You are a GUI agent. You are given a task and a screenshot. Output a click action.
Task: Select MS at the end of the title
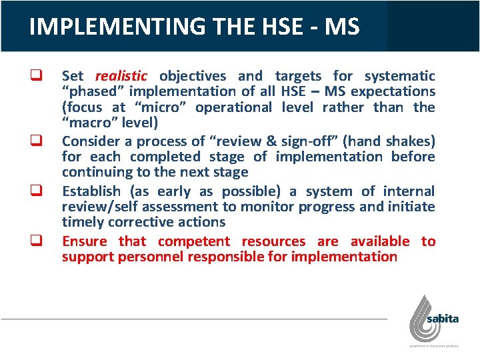(343, 27)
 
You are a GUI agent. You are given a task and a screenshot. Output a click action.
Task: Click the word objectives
(194, 76)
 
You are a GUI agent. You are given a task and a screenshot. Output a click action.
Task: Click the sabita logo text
(443, 319)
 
